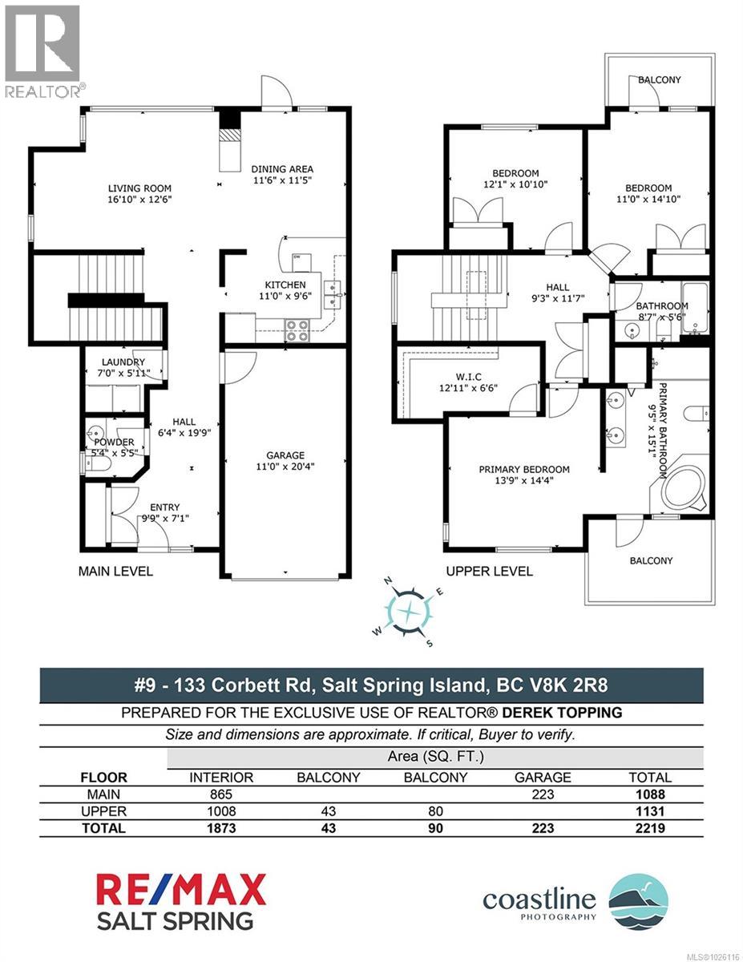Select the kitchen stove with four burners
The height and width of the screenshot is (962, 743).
click(298, 330)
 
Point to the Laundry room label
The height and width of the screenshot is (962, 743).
click(123, 362)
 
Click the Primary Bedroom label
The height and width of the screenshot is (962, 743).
click(524, 470)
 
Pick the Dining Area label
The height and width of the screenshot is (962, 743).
click(282, 169)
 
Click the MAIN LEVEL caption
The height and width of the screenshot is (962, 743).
click(115, 572)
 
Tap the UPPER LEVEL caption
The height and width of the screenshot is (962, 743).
click(489, 572)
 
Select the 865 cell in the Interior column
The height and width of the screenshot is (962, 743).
click(220, 794)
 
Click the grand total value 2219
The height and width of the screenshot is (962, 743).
click(650, 828)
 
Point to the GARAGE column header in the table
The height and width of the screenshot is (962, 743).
click(543, 777)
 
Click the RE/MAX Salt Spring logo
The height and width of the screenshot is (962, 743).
click(181, 902)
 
